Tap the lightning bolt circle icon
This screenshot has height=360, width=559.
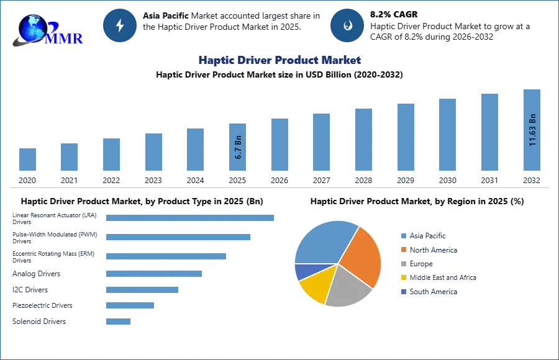tap(120, 25)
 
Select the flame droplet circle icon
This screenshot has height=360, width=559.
tap(347, 25)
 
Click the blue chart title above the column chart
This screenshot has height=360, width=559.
tap(280, 60)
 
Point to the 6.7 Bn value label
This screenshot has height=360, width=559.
tap(238, 147)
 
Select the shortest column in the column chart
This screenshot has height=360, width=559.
tap(27, 159)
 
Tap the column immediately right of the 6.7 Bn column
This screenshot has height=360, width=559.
tap(278, 144)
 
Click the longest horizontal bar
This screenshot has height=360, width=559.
tap(191, 218)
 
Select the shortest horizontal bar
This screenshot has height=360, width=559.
tap(119, 322)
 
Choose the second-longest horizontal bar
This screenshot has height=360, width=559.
tap(178, 238)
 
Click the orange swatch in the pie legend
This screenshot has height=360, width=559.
tap(402, 250)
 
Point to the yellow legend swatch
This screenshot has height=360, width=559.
tap(402, 277)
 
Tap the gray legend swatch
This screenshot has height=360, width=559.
tap(402, 264)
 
